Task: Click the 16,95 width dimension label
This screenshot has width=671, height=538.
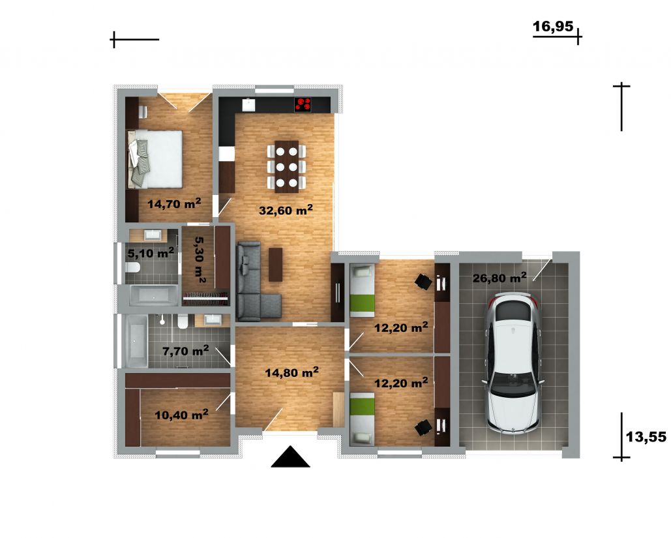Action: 552,27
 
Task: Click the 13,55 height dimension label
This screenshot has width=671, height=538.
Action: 646,437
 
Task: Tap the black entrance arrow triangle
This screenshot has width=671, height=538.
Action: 291,456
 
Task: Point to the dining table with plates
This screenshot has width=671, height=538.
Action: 287,166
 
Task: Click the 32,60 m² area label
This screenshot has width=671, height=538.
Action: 286,210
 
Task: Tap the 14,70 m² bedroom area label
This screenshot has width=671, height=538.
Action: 174,203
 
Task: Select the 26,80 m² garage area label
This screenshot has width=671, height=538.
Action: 500,278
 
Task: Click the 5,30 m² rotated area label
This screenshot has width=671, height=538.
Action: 200,260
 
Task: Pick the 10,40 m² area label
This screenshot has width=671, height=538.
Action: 181,414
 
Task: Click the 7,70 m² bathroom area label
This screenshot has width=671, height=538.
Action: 186,351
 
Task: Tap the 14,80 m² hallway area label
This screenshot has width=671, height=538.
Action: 291,372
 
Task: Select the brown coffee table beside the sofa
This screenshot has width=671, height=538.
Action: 276,265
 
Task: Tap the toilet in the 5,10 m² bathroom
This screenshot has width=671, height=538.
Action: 133,267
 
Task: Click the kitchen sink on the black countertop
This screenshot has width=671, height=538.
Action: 248,105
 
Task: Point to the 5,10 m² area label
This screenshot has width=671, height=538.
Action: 151,253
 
